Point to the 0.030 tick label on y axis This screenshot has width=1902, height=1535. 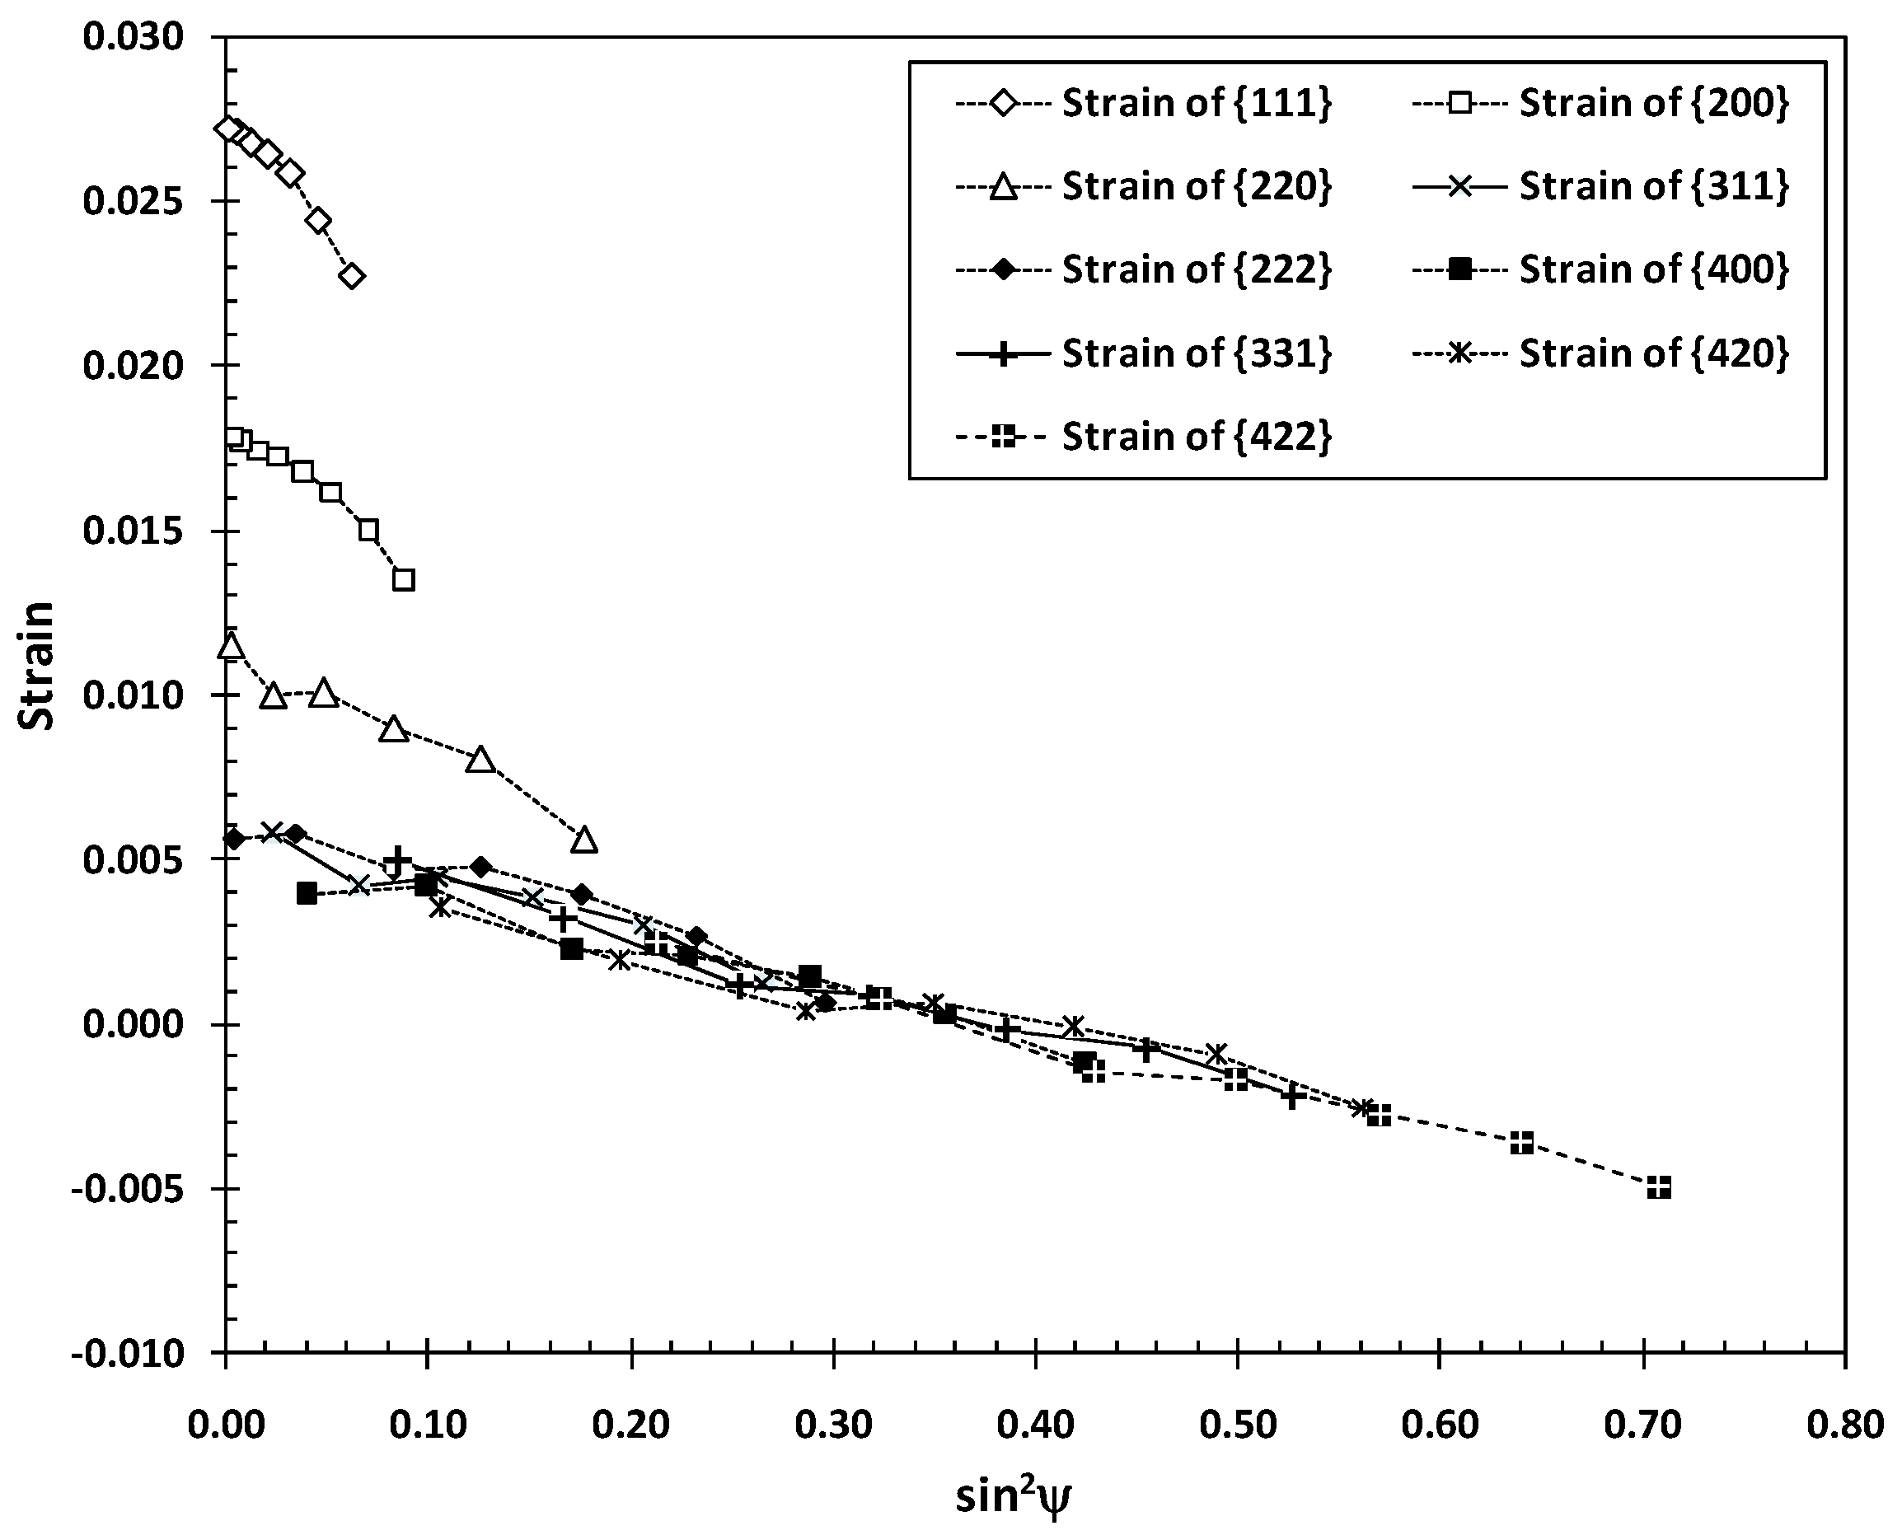pyautogui.click(x=133, y=37)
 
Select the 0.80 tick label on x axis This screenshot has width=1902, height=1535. pyautogui.click(x=1844, y=1426)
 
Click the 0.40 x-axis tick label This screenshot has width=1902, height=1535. pyautogui.click(x=1035, y=1426)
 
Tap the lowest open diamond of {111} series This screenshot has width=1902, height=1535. pyautogui.click(x=352, y=277)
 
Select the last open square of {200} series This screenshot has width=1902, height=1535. pyautogui.click(x=404, y=580)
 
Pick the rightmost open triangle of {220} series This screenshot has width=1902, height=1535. pyautogui.click(x=584, y=840)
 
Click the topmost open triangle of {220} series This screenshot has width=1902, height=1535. pyautogui.click(x=231, y=645)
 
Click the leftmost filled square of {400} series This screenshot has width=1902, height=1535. pyautogui.click(x=307, y=893)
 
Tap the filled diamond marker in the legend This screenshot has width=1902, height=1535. pyautogui.click(x=1004, y=269)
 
